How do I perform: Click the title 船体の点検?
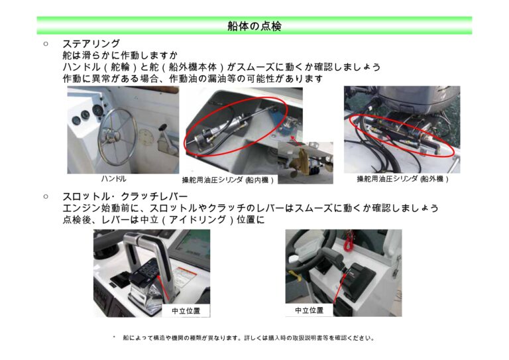coord(254,26)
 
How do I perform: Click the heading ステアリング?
coord(91,44)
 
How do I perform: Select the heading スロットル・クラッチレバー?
coord(125,196)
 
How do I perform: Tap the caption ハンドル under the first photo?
coord(113,178)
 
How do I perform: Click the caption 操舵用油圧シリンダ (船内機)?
coord(227,180)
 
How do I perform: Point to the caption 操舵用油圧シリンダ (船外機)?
coord(402,179)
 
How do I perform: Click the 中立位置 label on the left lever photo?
coord(186,311)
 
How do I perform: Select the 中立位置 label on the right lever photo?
coord(309,310)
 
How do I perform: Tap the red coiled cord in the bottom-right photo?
coord(349,242)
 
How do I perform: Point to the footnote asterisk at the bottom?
coord(114,337)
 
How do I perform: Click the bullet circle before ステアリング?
coord(46,44)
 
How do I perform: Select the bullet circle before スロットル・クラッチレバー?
coord(46,196)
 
